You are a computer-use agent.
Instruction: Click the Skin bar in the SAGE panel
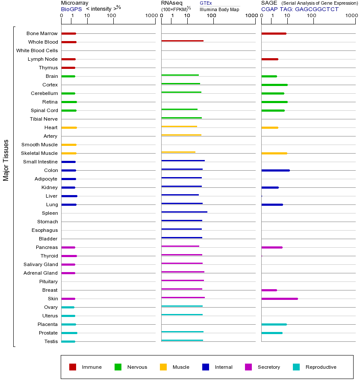(x=280, y=299)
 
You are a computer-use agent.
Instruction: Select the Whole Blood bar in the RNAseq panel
(x=182, y=41)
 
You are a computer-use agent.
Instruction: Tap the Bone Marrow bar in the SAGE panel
(x=274, y=33)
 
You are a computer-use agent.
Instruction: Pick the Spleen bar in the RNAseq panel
(x=184, y=212)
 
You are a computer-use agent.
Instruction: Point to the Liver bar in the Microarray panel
(x=69, y=196)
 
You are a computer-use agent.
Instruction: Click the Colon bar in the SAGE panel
(x=275, y=170)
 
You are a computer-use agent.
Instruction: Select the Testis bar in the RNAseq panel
(x=182, y=340)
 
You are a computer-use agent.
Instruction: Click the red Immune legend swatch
(x=73, y=367)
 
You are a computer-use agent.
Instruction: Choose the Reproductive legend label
(x=321, y=367)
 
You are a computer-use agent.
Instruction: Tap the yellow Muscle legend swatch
(x=163, y=367)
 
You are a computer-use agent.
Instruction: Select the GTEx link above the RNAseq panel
(x=206, y=3)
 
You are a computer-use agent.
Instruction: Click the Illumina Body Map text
(x=219, y=9)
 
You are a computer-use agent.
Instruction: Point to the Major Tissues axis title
(x=6, y=160)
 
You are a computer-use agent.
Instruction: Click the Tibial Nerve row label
(x=44, y=119)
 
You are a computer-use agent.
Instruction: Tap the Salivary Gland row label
(x=41, y=264)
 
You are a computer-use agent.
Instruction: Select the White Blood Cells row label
(x=37, y=50)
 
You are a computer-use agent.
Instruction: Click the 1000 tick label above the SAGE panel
(x=351, y=16)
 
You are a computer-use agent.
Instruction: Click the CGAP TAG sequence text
(x=300, y=9)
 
